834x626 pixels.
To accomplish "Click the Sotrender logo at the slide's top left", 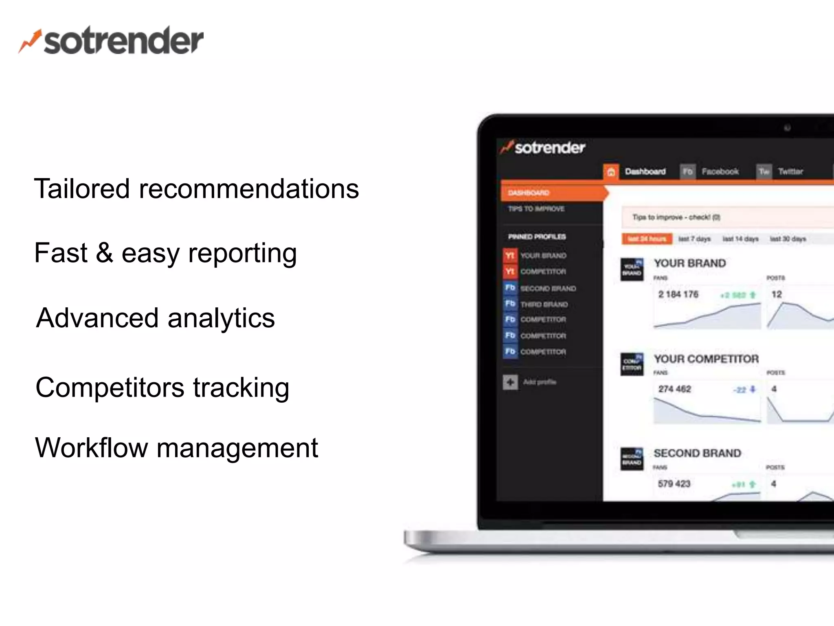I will point(111,41).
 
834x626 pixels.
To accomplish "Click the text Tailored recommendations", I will point(196,189).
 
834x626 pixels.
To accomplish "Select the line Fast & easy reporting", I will point(165,253).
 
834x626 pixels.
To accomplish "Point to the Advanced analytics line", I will point(155,318).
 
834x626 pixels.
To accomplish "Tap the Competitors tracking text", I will point(162,387).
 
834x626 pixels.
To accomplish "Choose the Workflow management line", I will point(176,447).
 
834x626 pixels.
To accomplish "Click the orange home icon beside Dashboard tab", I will point(611,172).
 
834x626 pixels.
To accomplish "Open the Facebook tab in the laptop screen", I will point(720,172).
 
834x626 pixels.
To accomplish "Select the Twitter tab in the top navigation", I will point(790,172).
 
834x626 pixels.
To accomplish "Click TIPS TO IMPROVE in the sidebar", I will point(536,209).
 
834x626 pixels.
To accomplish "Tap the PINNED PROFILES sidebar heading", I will point(537,237).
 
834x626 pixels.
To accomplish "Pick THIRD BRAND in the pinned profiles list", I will point(544,304).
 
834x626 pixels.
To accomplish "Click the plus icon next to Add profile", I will point(510,382).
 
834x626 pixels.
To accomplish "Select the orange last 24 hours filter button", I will point(647,239).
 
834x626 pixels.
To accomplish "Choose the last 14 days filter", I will point(740,239).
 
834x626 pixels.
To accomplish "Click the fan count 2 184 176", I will point(678,294).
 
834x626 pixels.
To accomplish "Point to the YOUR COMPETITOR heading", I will point(706,359).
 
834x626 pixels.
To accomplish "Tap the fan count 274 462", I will point(674,389).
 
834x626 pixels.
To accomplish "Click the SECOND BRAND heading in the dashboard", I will point(697,453).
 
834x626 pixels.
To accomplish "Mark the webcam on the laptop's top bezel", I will point(787,128).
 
